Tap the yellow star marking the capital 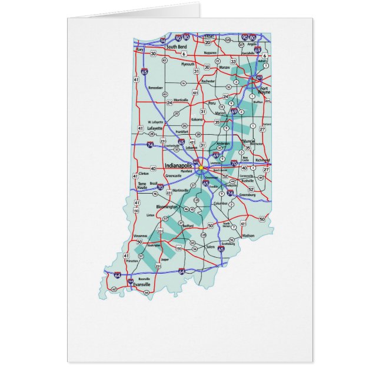(x=200, y=168)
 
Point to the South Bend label (x=176, y=46)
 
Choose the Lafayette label (x=155, y=127)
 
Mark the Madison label (x=248, y=235)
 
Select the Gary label (x=139, y=50)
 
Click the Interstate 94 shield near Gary (x=162, y=41)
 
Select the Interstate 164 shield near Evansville (x=130, y=281)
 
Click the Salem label (x=194, y=248)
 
